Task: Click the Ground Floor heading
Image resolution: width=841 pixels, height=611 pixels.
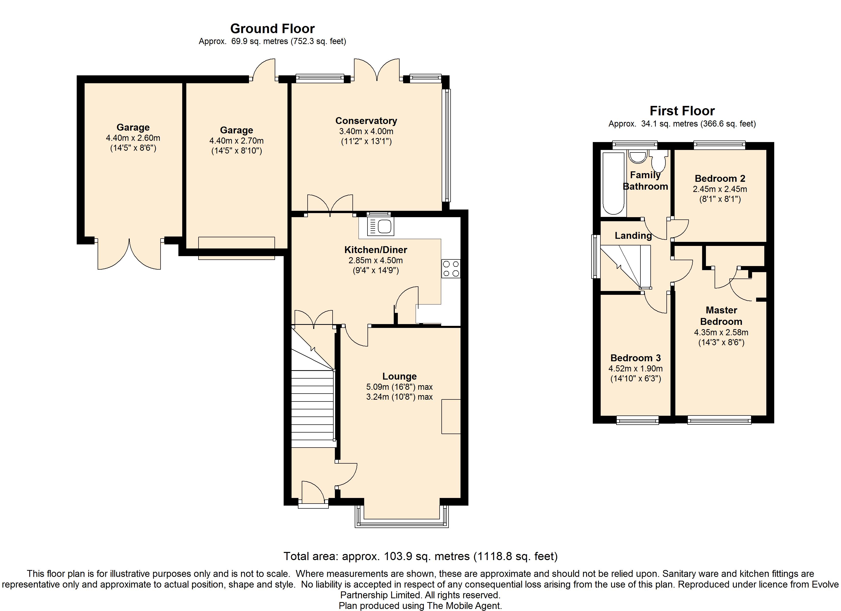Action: (x=272, y=29)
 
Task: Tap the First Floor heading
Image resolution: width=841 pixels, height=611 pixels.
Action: (x=682, y=111)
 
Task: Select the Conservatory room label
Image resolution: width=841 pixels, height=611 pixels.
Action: (x=366, y=121)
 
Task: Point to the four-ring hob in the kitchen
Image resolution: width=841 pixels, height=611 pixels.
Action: (x=451, y=269)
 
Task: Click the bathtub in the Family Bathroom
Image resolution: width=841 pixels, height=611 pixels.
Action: (x=613, y=184)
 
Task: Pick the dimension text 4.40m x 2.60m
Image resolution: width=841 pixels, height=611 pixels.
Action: (x=133, y=138)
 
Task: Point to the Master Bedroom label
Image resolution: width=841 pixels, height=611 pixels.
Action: (x=721, y=315)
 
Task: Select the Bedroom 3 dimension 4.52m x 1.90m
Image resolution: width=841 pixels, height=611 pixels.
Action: (x=635, y=369)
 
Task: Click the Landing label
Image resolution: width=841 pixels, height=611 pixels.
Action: (x=633, y=236)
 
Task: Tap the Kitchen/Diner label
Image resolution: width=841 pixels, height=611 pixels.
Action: (x=376, y=250)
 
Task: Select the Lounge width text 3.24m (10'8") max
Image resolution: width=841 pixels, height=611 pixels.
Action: (x=399, y=397)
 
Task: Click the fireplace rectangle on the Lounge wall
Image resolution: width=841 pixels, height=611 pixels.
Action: (x=451, y=416)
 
